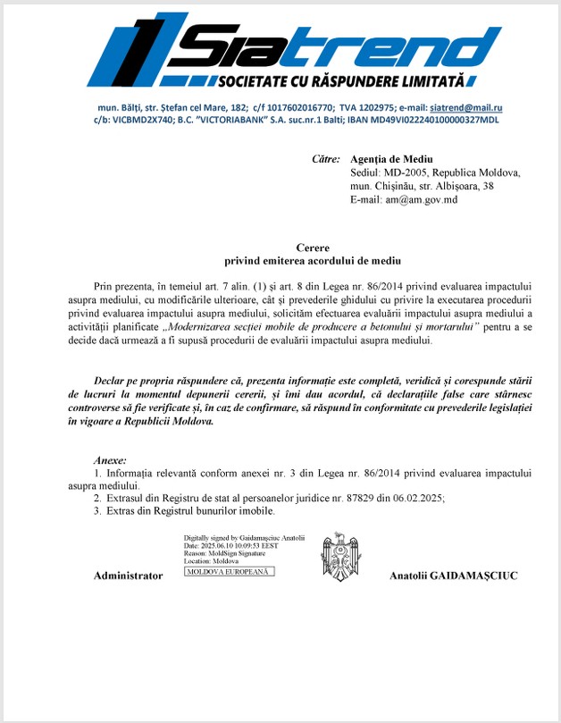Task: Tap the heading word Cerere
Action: [313, 247]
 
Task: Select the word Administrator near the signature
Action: [128, 576]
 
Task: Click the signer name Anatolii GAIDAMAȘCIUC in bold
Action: [453, 576]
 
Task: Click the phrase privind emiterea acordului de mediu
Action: [313, 260]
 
